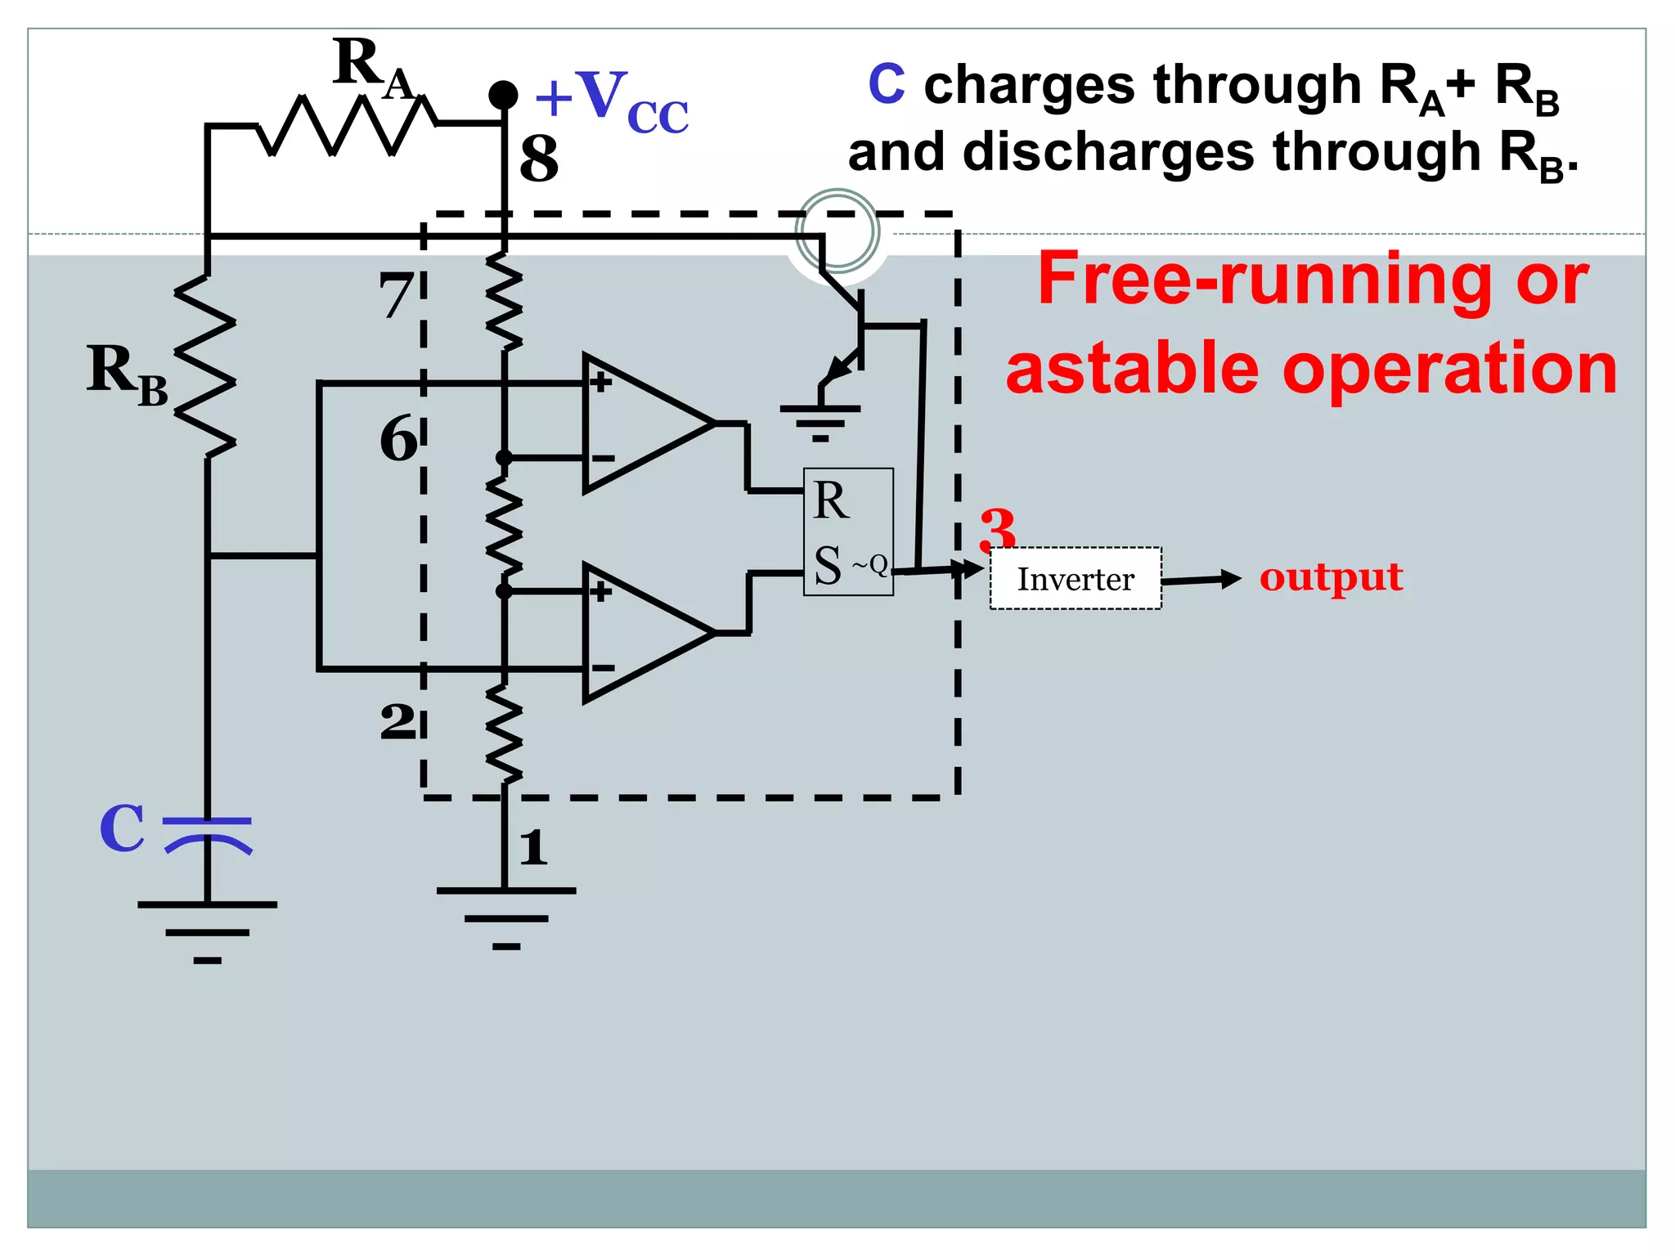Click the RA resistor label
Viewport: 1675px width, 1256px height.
tap(373, 70)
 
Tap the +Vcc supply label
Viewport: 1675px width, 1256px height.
tap(611, 101)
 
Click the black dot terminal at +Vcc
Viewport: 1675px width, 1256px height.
tap(503, 95)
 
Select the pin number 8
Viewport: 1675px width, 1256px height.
tap(539, 159)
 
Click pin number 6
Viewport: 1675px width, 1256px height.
tap(398, 439)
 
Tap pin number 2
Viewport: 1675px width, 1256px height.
tap(397, 722)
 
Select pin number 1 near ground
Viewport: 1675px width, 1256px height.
tap(533, 847)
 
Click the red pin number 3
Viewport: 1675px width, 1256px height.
tap(998, 528)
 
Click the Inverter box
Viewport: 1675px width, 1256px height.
tap(1075, 579)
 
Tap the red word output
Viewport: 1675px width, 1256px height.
tap(1331, 576)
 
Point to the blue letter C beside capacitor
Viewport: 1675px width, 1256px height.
tap(122, 828)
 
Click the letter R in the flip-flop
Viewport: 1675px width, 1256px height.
tap(831, 500)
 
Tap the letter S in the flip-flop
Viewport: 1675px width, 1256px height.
tap(828, 565)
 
